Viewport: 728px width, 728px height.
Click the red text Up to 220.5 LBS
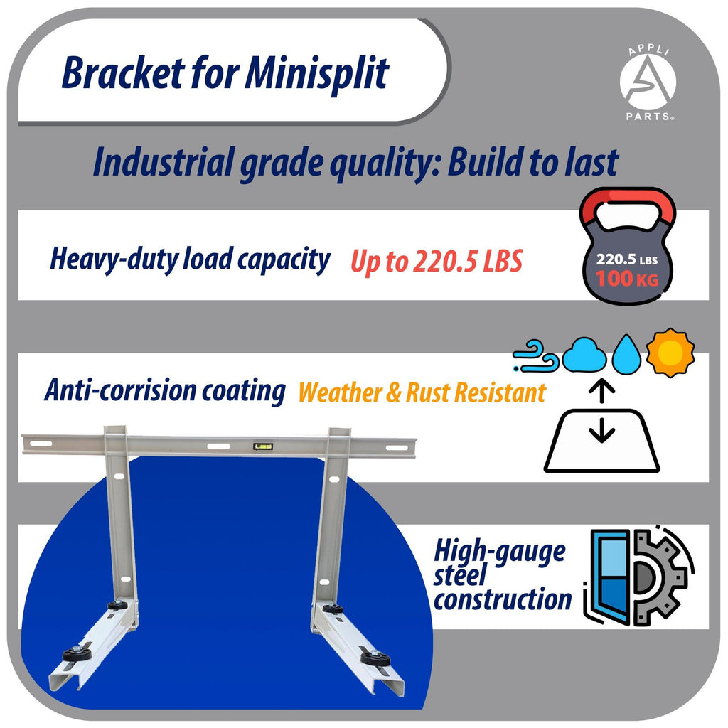tap(436, 262)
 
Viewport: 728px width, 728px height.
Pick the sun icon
tap(670, 353)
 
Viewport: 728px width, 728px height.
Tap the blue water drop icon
tap(626, 355)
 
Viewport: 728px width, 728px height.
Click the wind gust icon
tap(537, 355)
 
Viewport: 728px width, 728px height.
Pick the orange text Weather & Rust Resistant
tap(422, 392)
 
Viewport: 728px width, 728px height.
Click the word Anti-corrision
tap(118, 390)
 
